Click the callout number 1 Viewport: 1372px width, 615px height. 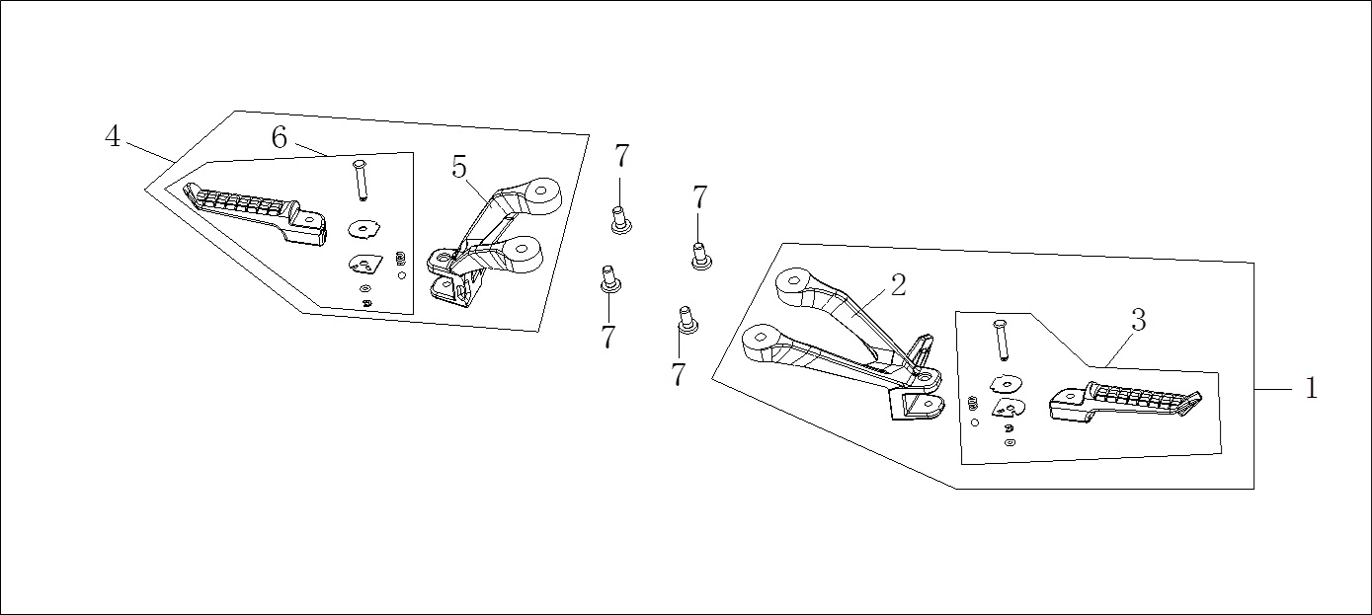1311,388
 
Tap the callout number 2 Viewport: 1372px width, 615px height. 898,285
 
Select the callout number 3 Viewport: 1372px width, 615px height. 1138,320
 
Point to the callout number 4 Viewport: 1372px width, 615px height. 112,136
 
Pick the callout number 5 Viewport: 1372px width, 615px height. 459,167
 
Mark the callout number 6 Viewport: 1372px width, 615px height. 280,137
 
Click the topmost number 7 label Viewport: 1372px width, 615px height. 621,156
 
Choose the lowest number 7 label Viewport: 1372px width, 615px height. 678,374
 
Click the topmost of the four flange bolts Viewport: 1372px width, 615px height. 620,220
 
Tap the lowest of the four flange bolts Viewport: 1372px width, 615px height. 687,320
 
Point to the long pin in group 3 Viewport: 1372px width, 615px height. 1001,341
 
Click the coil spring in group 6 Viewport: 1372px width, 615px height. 401,259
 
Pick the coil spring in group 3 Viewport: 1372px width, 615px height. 971,405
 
